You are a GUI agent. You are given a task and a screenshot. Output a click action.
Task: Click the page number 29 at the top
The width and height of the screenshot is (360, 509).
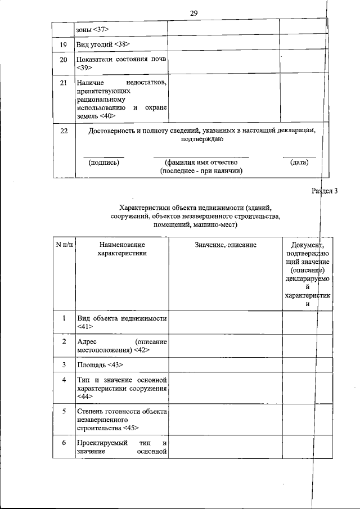pos(194,12)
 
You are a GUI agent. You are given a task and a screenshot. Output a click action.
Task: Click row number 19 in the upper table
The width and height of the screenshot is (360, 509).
pos(64,43)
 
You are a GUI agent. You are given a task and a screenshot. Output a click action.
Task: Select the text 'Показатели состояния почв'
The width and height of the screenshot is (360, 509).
pos(121,59)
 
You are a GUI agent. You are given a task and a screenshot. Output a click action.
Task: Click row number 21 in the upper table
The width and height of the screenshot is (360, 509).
pos(64,83)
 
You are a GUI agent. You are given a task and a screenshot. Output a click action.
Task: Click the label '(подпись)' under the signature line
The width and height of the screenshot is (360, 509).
pos(104,162)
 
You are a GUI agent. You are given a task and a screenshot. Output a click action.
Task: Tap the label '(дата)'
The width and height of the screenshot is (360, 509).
pos(299,162)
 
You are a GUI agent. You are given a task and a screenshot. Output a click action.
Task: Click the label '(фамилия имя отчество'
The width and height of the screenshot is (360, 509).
pos(201,162)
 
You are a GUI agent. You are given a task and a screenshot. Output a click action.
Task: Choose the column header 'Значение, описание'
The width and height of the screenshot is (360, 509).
pos(226,245)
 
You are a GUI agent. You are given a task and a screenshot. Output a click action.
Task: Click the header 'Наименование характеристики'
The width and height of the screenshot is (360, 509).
pos(121,249)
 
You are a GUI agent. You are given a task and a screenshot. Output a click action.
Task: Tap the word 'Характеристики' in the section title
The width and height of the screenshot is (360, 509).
pos(144,206)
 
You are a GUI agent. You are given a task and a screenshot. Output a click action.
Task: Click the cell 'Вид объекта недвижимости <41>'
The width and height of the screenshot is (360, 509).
pos(121,322)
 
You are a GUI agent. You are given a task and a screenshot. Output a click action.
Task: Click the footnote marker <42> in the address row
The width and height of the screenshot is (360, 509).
pos(141,350)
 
